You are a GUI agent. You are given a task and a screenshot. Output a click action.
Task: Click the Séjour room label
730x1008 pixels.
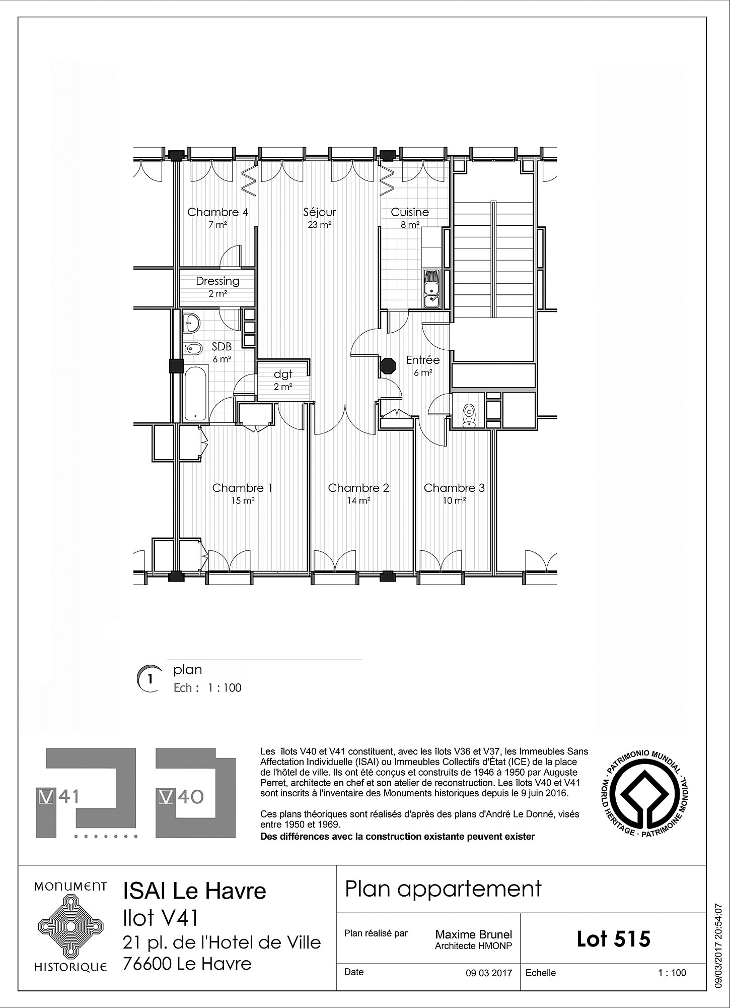[320, 212]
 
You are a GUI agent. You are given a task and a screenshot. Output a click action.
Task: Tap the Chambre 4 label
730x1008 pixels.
[217, 212]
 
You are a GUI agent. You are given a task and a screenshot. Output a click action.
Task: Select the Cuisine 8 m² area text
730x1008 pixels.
[410, 225]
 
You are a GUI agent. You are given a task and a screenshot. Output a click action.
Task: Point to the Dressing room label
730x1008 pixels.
[217, 281]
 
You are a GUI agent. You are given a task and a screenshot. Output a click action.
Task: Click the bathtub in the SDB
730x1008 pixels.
[195, 393]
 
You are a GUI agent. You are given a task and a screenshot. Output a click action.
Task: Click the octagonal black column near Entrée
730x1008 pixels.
[388, 365]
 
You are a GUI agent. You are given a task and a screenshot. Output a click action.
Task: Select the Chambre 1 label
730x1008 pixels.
[242, 488]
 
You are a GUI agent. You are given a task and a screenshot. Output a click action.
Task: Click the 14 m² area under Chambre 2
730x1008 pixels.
[358, 501]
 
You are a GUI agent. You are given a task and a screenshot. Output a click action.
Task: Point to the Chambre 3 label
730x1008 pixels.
[454, 488]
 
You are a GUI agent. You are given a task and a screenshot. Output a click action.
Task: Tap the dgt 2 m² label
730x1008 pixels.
[283, 380]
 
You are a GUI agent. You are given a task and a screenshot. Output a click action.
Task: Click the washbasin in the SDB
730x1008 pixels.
[191, 322]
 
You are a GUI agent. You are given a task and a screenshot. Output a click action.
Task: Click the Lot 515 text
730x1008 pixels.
[614, 938]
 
